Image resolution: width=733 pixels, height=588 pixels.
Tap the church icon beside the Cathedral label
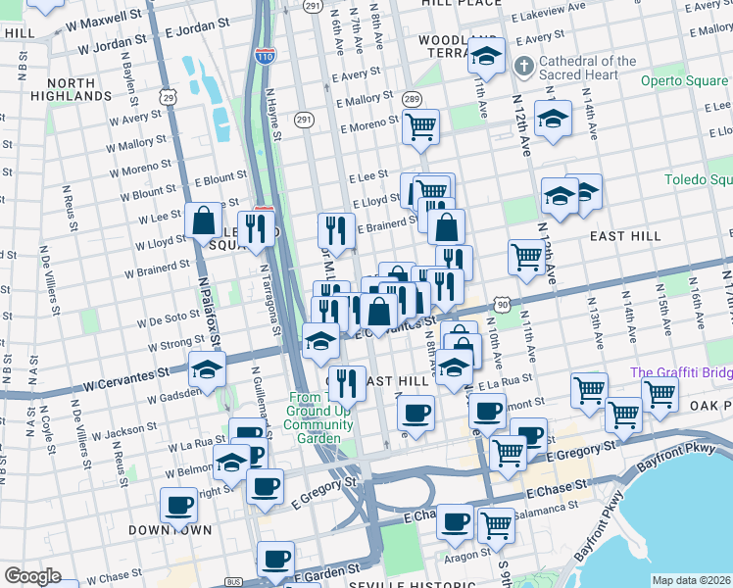[524, 68]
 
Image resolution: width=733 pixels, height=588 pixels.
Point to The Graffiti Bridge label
[681, 372]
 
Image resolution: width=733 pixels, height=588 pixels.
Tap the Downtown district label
[170, 530]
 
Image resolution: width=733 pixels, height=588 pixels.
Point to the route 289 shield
[411, 99]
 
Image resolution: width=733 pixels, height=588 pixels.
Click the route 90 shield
[501, 307]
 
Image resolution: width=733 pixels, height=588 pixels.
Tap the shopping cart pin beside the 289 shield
[420, 126]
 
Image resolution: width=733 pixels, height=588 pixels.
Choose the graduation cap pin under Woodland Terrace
[485, 59]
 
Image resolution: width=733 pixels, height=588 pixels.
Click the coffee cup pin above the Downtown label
[178, 504]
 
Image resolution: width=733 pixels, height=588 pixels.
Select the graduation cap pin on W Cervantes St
[207, 369]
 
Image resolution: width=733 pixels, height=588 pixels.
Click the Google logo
[32, 576]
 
